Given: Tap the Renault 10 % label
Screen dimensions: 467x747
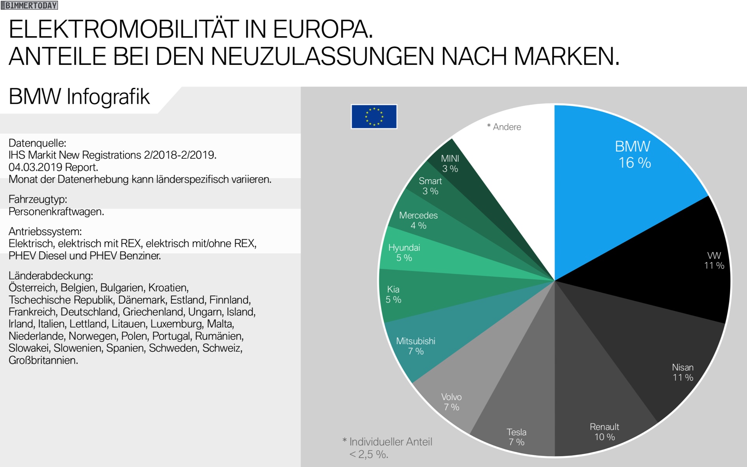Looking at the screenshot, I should pyautogui.click(x=604, y=432).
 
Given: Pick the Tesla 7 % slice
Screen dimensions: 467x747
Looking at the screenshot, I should pyautogui.click(x=517, y=408).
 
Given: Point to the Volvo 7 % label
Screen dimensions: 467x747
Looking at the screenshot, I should pyautogui.click(x=451, y=402).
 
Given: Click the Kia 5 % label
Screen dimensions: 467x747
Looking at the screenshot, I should pyautogui.click(x=393, y=294).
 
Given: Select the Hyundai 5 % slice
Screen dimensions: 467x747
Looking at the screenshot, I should pyautogui.click(x=428, y=257).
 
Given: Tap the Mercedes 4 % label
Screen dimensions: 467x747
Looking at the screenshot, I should pyautogui.click(x=418, y=220).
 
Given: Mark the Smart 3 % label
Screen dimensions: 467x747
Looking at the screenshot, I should pyautogui.click(x=430, y=186).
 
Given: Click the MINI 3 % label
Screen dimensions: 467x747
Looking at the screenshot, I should pyautogui.click(x=450, y=164).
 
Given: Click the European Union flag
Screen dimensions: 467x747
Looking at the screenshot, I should pyautogui.click(x=374, y=116).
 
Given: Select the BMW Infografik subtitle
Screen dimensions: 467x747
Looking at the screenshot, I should pyautogui.click(x=79, y=97).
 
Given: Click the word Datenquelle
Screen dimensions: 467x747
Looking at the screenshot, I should pyautogui.click(x=37, y=143).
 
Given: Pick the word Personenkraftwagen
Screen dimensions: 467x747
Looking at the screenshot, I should pyautogui.click(x=56, y=212).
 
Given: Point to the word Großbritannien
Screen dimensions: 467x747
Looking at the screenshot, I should pyautogui.click(x=43, y=360).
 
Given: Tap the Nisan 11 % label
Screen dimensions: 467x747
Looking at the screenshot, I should pyautogui.click(x=683, y=372).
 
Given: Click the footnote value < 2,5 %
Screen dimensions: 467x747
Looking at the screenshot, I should pyautogui.click(x=368, y=454).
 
